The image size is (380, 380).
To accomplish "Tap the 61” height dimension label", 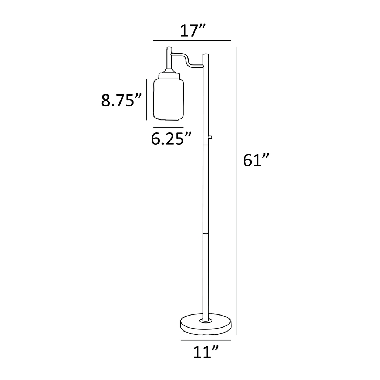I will pos(256,160).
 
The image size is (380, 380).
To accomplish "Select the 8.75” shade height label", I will pos(121,100).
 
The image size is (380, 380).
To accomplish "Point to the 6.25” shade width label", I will pos(171,139).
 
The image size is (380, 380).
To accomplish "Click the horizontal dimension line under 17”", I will pos(192,40).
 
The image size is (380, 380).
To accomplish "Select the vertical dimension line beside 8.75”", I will pos(146,100).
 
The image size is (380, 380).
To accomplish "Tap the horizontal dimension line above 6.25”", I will pos(168,127).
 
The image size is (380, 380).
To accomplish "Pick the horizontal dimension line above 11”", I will pos(205,341).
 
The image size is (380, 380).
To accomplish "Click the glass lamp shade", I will pos(169,98).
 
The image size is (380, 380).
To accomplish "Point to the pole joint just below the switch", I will pos(206,145).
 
